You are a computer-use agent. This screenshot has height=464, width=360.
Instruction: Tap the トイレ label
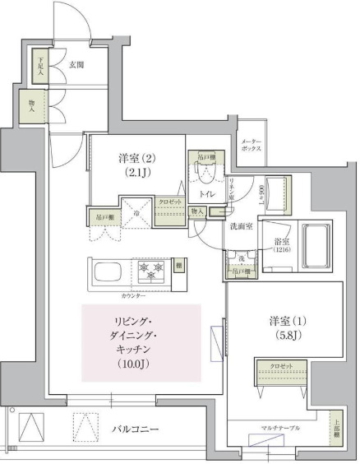tap(207, 194)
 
